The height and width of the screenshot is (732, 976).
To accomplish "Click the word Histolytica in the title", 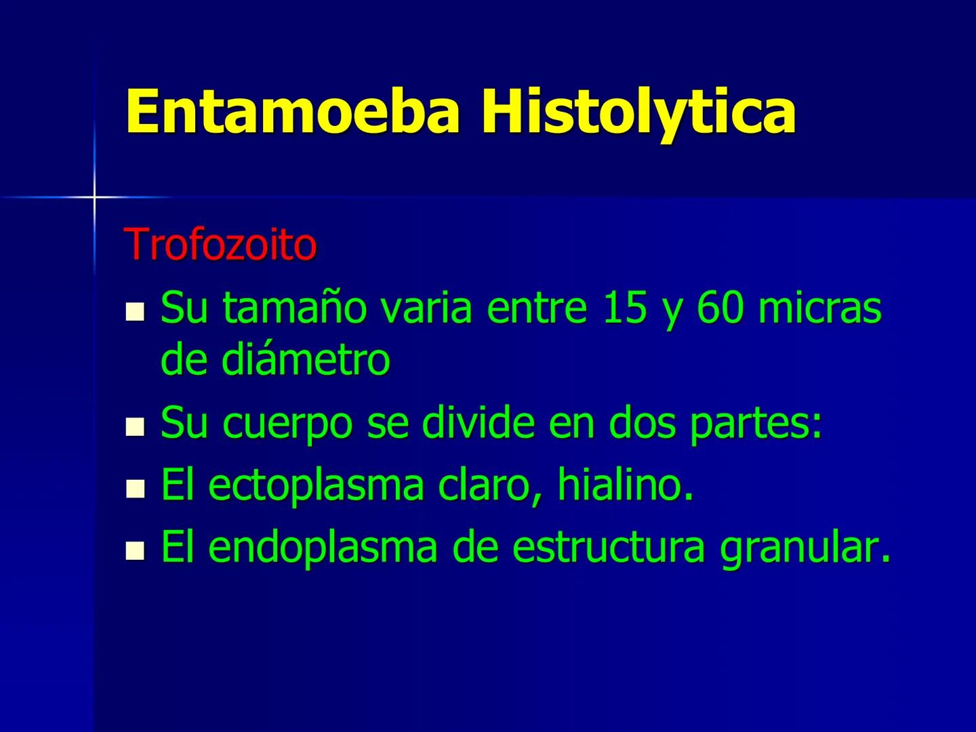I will [638, 113].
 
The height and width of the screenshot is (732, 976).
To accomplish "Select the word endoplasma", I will [323, 549].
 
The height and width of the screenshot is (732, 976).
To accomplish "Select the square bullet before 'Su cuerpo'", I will [136, 427].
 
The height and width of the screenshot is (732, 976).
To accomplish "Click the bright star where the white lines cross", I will [94, 197].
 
